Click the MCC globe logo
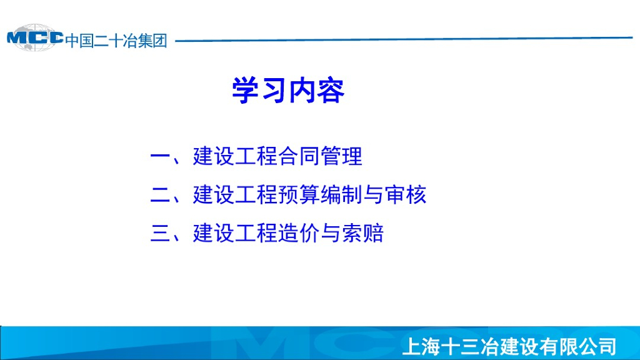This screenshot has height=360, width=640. click(35, 38)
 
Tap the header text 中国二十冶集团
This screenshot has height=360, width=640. click(116, 41)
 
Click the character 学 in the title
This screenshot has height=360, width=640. click(246, 90)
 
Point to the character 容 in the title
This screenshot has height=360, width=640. click(331, 90)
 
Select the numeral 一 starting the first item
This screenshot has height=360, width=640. click(160, 156)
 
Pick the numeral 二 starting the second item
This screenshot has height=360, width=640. click(160, 195)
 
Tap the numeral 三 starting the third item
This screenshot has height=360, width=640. click(160, 233)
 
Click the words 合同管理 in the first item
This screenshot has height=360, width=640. click(320, 156)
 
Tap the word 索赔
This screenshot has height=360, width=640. click(363, 233)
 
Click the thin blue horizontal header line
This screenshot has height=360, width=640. click(404, 39)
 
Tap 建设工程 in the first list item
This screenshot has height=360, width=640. click(235, 156)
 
